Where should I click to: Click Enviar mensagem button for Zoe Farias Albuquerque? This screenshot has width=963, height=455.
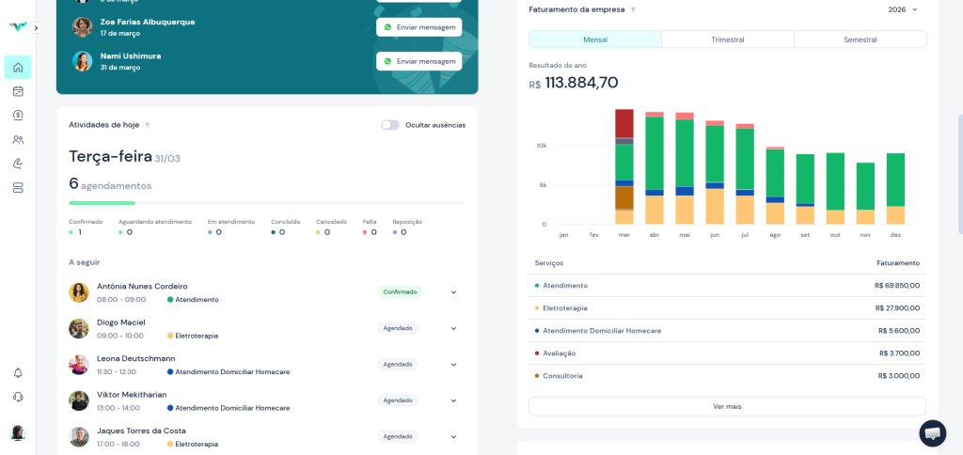418,27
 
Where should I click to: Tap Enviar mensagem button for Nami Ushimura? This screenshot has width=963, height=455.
418,61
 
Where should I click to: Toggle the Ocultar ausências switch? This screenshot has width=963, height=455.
389,125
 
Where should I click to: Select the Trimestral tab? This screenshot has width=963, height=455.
727,39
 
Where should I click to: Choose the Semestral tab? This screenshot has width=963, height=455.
860,39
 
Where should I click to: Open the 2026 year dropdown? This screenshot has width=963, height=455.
902,9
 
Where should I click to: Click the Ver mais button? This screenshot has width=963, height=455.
727,406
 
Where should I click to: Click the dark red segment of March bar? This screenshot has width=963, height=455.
624,123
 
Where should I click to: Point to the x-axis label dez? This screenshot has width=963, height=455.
895,234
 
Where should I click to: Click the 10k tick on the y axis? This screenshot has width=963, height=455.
542,146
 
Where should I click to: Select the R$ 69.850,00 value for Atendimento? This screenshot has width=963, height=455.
896,286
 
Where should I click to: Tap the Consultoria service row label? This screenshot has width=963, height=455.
562,376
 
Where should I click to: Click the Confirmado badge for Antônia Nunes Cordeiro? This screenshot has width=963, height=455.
400,292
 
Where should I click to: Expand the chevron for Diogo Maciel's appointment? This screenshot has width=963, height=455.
453,328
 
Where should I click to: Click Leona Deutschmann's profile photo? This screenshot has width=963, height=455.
79,365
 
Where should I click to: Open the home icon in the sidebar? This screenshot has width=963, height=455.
18,68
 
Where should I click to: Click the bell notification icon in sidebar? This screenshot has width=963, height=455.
18,373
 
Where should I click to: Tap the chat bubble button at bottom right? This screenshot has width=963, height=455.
932,433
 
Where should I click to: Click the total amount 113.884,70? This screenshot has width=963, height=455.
581,83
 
